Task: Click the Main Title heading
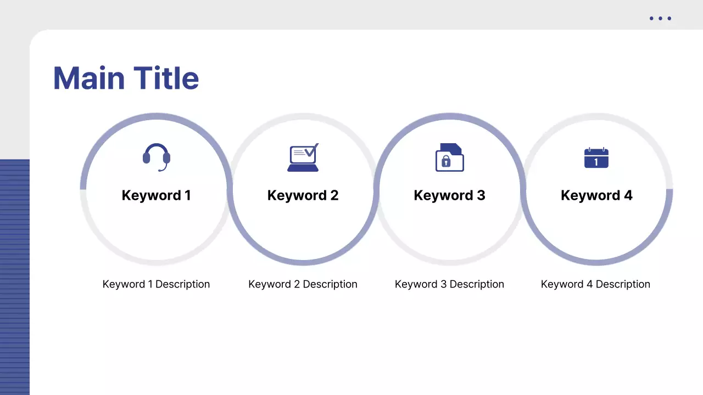tap(126, 78)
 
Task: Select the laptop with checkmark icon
tap(303, 158)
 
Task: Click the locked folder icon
tap(449, 157)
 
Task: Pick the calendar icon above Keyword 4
tap(596, 158)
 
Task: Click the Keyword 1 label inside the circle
tap(156, 195)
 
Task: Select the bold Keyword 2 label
tap(303, 195)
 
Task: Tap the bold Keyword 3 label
tap(449, 195)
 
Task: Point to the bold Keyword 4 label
tap(596, 195)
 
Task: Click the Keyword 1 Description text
tap(156, 284)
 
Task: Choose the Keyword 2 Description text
tap(303, 284)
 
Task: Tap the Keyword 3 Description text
tap(449, 284)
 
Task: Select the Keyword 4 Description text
tap(595, 284)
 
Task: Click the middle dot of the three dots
tap(660, 19)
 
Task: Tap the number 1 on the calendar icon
tap(596, 162)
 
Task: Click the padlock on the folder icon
tap(446, 161)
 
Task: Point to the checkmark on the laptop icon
tap(311, 150)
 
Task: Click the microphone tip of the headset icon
tap(160, 170)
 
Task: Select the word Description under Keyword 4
tap(623, 284)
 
